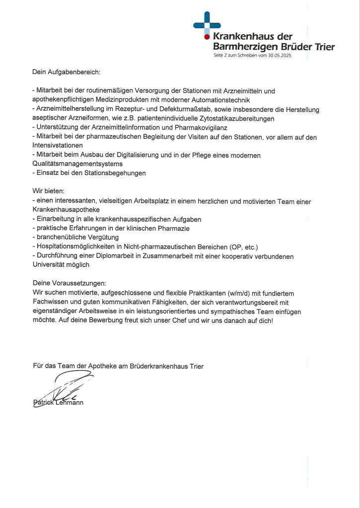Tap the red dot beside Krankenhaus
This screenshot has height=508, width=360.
pos(207,36)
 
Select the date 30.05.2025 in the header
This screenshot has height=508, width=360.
pos(279,56)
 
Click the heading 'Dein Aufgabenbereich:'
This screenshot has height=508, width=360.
pos(66,72)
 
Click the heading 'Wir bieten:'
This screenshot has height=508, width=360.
pos(48,191)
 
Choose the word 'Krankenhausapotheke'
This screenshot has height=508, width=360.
pos(66,210)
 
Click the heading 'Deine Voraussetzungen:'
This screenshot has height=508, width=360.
pos(69,284)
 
